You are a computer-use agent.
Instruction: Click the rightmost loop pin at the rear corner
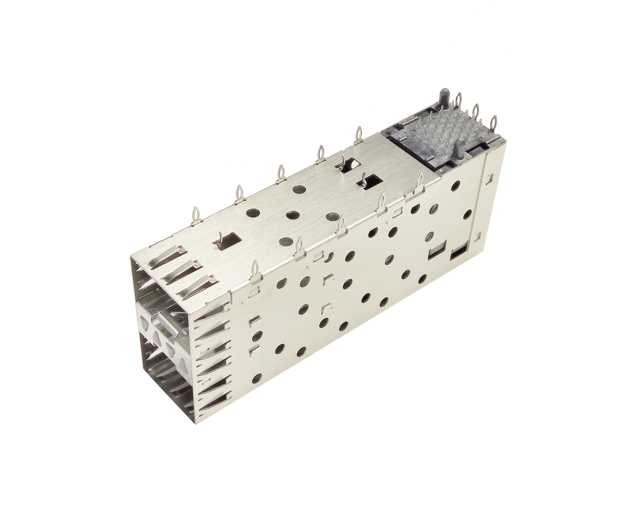(493, 125)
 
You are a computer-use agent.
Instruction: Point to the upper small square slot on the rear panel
(489, 178)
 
